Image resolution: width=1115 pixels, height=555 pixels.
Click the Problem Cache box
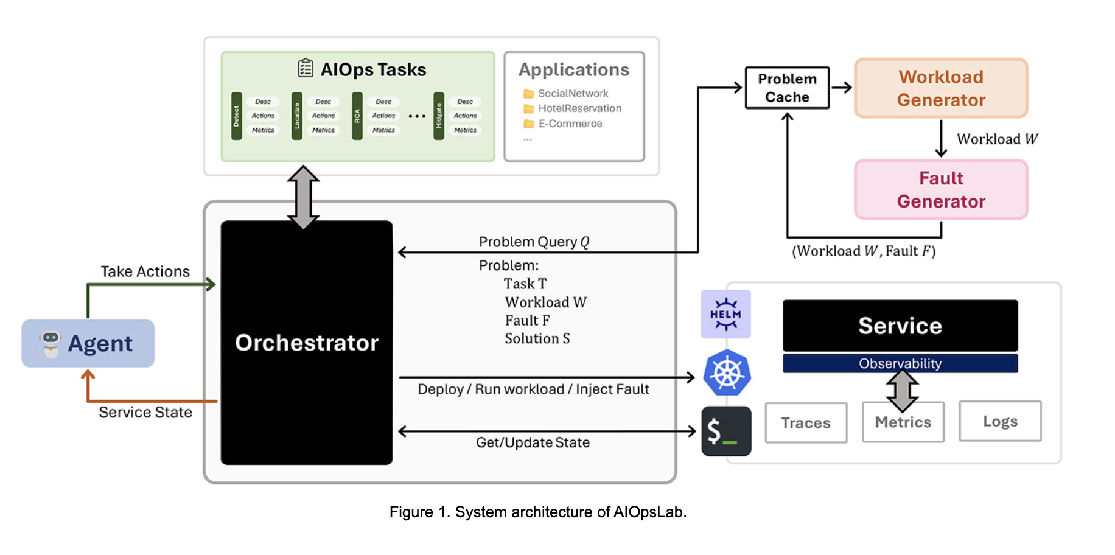coord(787,88)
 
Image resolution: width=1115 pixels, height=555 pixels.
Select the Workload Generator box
coord(941,88)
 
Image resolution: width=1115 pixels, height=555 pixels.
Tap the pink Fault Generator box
coord(941,189)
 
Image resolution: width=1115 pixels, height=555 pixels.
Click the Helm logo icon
coord(725,314)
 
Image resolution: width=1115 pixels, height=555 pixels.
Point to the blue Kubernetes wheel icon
coord(727,373)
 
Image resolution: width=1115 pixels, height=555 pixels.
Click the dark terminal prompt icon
coord(726,431)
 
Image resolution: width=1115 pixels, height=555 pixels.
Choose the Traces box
coord(806,423)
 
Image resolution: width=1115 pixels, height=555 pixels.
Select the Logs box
coord(1000,421)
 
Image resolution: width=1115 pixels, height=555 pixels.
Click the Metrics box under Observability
coord(903,422)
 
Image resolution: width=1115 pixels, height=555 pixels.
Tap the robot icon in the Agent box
coord(51,344)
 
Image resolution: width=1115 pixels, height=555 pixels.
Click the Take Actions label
coord(145,271)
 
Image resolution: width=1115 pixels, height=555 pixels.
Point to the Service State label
coord(145,413)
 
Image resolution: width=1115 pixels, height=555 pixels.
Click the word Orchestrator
coord(307,343)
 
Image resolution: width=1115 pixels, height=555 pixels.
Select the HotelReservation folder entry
coord(573,108)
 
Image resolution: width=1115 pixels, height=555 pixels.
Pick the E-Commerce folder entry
coord(563,124)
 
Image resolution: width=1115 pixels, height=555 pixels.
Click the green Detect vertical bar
coord(237,116)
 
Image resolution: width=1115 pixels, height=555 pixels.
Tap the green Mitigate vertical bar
coord(439,116)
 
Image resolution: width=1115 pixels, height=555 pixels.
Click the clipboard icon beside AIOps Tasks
coord(306,68)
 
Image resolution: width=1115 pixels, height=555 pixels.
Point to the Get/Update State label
coord(533,442)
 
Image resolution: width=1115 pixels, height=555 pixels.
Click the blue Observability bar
coord(900,363)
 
